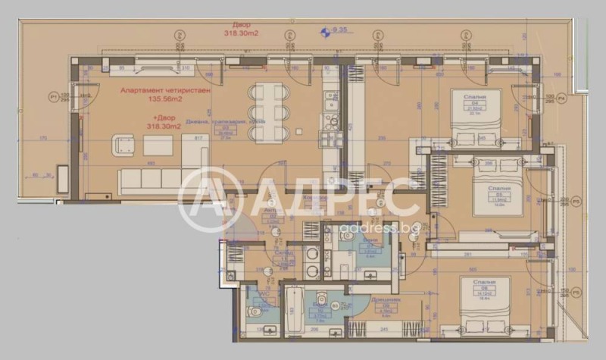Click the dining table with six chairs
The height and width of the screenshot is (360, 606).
tap(270, 111)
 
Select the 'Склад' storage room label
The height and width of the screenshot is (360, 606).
tap(284, 253)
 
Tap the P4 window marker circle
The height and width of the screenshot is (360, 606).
tap(562, 99)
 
